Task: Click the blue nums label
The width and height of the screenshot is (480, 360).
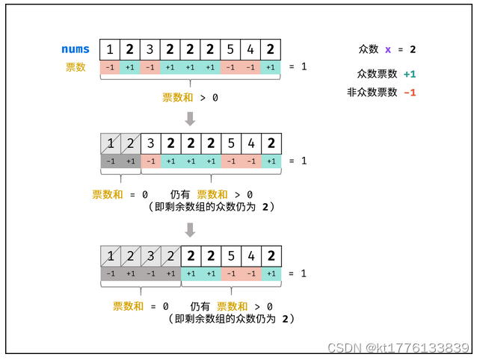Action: tap(76, 50)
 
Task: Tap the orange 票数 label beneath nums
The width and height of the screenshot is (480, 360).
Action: tap(76, 67)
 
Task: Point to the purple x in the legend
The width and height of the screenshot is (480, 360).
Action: tap(388, 49)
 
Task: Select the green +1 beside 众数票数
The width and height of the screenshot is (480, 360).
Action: tap(409, 75)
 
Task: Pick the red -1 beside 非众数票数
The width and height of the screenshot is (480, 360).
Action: tap(409, 93)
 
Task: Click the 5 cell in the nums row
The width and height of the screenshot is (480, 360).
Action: tap(230, 50)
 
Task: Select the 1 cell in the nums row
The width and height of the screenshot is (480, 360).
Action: tap(110, 50)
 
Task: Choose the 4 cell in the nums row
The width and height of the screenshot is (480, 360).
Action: tap(250, 50)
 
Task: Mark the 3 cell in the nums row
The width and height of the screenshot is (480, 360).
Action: tap(150, 50)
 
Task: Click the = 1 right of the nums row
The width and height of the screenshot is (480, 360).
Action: tap(298, 67)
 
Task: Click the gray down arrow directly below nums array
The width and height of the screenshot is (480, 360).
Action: tap(191, 118)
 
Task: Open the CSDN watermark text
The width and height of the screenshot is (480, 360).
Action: tap(398, 348)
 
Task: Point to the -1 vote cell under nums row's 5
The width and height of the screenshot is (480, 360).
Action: tap(230, 67)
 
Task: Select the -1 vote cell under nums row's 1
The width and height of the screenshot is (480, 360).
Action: tap(110, 67)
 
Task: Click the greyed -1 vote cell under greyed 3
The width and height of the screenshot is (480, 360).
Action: tap(150, 273)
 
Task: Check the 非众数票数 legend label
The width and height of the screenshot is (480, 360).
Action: tap(372, 93)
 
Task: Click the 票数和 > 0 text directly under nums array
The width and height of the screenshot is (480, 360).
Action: tap(191, 98)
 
